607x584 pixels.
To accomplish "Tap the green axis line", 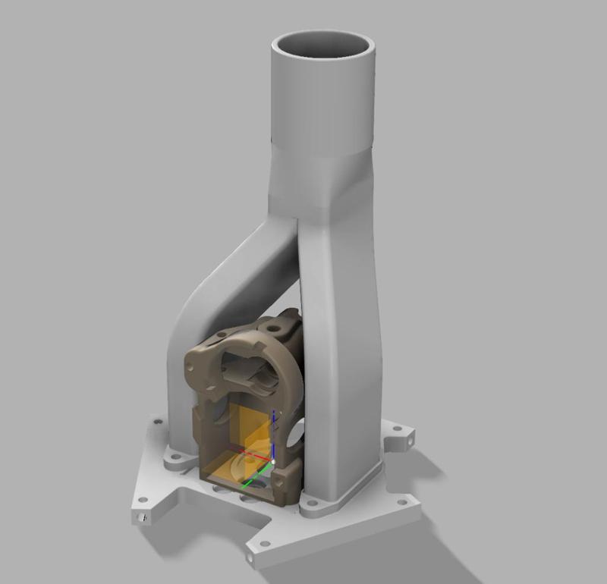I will [258, 472].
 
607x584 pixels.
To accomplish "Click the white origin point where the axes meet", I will [273, 460].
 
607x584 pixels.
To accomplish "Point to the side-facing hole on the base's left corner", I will [141, 517].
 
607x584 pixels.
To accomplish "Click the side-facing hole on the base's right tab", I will [410, 438].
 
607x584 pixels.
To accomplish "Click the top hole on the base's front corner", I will [264, 544].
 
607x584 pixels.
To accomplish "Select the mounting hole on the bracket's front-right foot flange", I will [310, 502].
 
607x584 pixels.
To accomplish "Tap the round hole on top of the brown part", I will [272, 328].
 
